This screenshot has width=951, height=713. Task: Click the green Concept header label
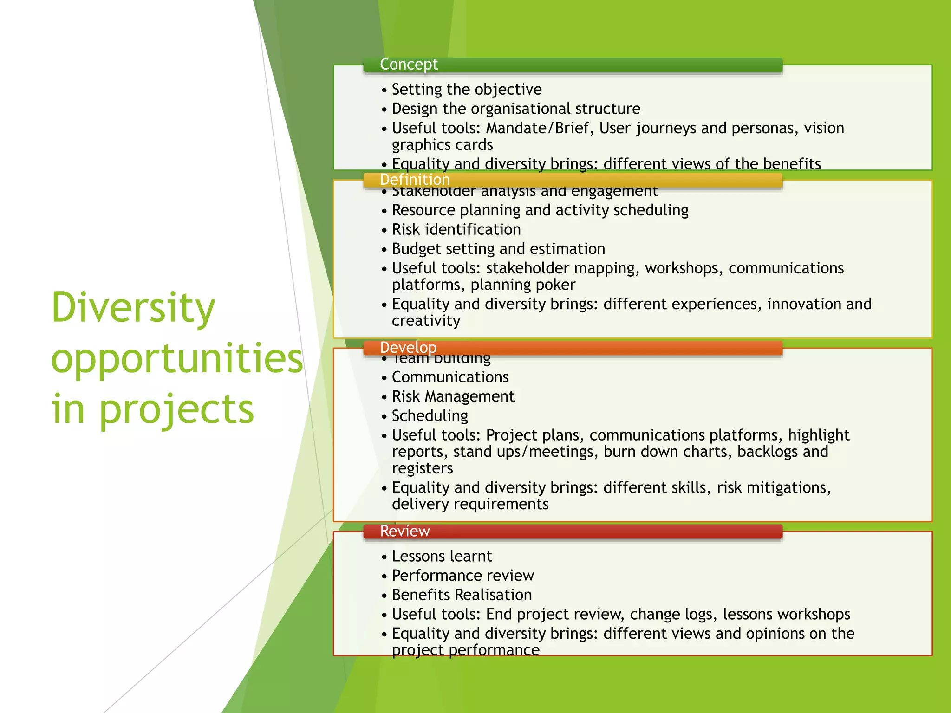409,65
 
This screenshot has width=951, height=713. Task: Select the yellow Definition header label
415,180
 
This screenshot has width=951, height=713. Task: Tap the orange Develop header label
408,347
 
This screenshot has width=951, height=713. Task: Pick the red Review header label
405,531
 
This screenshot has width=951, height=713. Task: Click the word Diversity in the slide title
133,307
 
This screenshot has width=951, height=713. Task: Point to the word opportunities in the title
177,358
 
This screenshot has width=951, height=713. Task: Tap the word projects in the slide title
176,409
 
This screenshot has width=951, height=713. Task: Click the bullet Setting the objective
466,89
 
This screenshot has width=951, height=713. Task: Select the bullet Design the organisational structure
515,109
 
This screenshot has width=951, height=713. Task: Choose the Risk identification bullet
456,229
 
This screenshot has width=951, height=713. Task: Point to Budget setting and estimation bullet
498,249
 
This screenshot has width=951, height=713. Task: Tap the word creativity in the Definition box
426,321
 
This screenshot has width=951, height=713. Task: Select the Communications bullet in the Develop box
450,377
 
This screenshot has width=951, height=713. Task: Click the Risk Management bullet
453,396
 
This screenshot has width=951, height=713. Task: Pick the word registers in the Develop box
422,468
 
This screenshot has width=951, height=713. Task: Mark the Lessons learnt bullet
442,556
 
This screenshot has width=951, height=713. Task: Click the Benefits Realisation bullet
462,595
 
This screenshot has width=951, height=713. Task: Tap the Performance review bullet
462,576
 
